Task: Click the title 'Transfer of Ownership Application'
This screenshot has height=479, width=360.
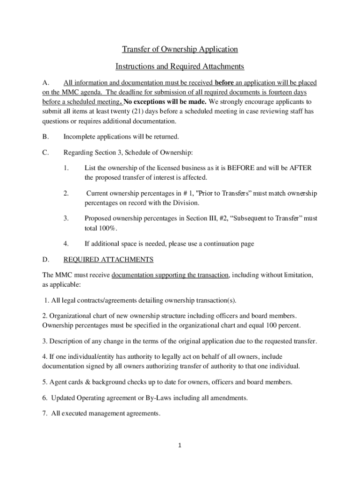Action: click(x=180, y=49)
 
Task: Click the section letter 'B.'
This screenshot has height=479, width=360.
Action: click(x=45, y=137)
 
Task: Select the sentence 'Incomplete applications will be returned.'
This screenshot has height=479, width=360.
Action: click(x=121, y=137)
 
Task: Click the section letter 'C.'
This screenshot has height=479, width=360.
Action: click(x=45, y=152)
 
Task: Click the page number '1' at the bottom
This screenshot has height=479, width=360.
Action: click(x=180, y=445)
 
